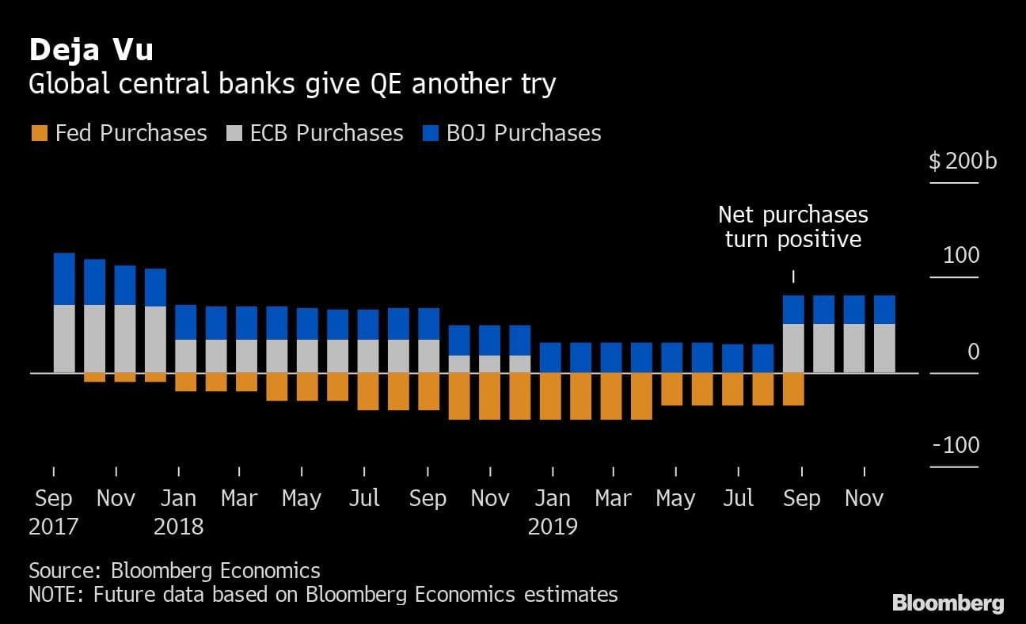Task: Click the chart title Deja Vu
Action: click(91, 51)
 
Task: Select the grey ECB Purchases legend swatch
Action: click(234, 133)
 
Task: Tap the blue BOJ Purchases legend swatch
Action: click(431, 133)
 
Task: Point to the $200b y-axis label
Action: click(962, 162)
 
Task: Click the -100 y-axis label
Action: click(956, 445)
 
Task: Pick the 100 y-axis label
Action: click(961, 256)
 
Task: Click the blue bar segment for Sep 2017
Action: click(64, 279)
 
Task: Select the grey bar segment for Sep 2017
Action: click(64, 338)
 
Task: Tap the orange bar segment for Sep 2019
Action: click(794, 389)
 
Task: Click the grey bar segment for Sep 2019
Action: click(794, 348)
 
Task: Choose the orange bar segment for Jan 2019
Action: click(551, 396)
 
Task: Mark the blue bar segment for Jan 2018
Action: click(186, 322)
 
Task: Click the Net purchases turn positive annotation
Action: click(792, 226)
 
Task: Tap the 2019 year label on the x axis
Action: click(553, 527)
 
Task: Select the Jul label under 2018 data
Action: click(364, 498)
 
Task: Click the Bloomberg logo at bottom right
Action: click(948, 603)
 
